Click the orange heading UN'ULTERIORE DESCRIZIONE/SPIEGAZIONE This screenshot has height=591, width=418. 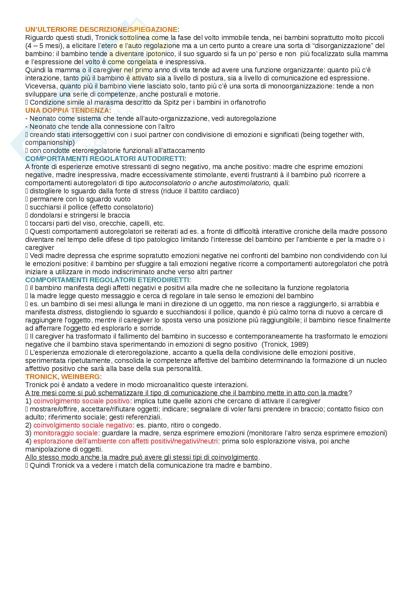[101, 30]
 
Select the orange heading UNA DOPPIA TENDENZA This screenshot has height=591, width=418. [67, 110]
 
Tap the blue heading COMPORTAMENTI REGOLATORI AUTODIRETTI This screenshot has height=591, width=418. [105, 159]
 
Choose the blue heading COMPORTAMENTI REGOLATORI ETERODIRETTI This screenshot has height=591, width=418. [107, 280]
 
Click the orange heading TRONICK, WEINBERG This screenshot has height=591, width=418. [62, 377]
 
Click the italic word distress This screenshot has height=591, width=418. [70, 312]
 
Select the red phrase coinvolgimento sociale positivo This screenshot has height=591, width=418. [81, 401]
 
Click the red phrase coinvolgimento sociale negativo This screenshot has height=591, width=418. [83, 425]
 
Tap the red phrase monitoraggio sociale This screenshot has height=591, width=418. [65, 433]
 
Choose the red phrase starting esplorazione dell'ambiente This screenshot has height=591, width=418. [125, 441]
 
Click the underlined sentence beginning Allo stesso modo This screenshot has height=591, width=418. [141, 457]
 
